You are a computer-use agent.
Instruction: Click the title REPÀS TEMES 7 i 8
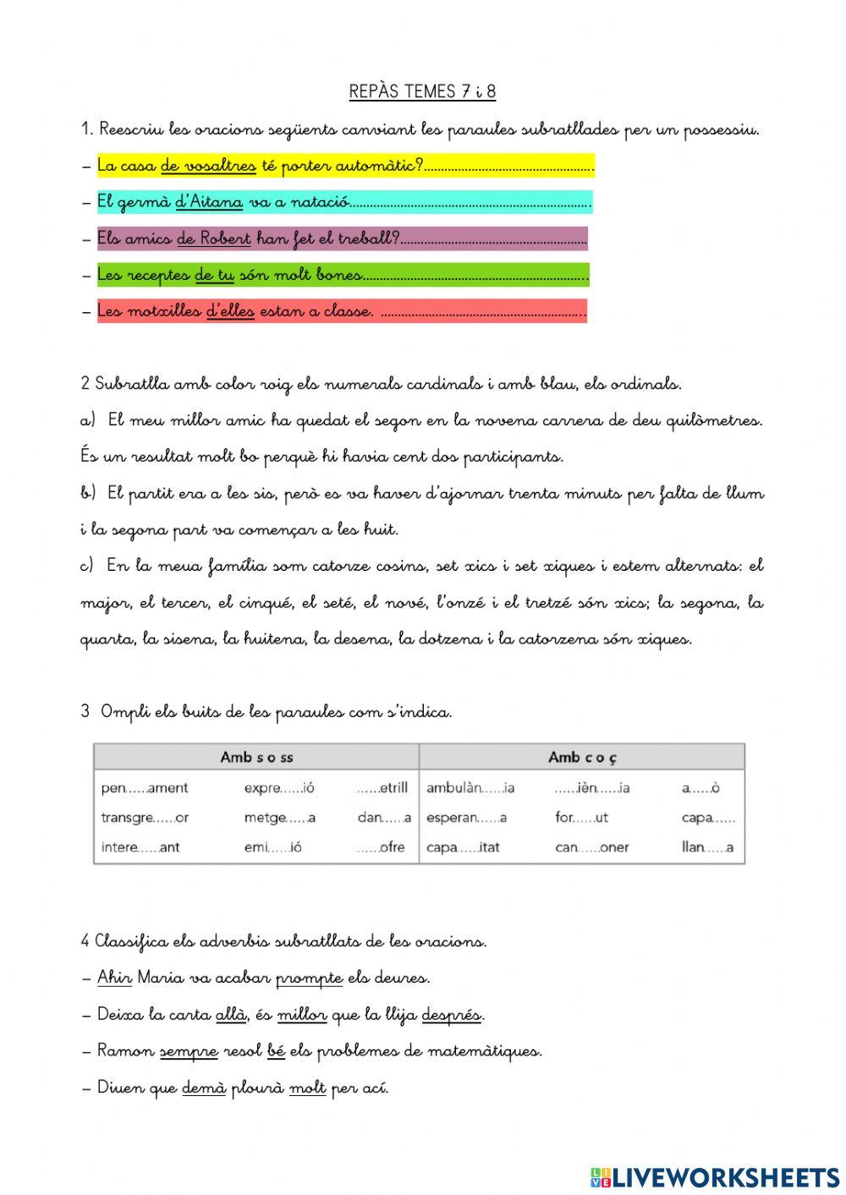click(422, 92)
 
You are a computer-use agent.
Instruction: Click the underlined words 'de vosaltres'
click(208, 166)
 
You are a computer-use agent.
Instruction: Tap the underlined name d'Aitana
click(209, 202)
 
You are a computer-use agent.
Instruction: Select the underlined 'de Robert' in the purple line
click(214, 238)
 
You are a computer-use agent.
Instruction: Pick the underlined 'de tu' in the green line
click(214, 275)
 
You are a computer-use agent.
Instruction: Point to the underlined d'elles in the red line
click(230, 311)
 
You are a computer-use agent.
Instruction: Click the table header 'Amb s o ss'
click(256, 757)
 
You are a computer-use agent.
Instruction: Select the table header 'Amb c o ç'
click(582, 757)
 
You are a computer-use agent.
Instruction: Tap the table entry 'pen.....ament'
click(145, 788)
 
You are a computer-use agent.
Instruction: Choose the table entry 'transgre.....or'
click(145, 818)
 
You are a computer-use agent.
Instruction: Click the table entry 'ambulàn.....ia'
click(470, 788)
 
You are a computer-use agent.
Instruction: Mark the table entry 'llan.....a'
click(707, 847)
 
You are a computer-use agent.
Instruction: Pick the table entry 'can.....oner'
click(592, 847)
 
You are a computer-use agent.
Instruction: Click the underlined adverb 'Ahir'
click(114, 978)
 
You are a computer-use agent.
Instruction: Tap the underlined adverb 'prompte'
click(309, 978)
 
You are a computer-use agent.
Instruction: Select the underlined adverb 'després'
click(452, 1015)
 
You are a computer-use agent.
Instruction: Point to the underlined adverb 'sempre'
click(189, 1051)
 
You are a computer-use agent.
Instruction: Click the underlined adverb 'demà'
click(204, 1088)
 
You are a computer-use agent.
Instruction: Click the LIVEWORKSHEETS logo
click(715, 1176)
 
